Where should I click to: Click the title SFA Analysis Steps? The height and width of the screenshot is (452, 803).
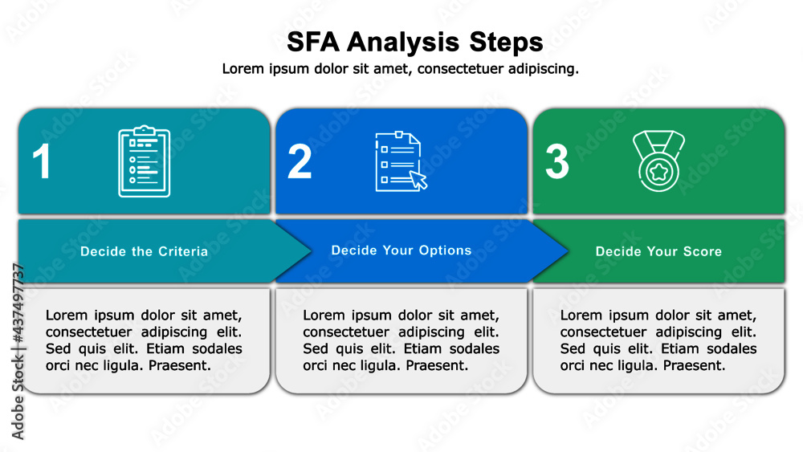414,42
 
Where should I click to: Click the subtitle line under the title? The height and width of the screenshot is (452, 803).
400,69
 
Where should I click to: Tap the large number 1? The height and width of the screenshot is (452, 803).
42,161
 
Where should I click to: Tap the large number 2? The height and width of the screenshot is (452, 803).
300,161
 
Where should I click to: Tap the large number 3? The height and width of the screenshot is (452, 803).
556,161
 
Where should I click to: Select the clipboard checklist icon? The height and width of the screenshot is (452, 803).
144,161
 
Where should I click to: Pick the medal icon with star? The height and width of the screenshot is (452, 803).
658,161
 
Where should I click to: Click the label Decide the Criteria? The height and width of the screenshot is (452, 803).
144,251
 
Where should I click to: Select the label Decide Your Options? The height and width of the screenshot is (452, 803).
401,250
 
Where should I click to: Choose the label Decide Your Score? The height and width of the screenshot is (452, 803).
658,251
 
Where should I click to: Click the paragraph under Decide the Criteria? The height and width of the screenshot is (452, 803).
144,340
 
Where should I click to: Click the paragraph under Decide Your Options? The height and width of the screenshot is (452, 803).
401,340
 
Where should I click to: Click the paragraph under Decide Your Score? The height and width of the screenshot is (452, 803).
658,340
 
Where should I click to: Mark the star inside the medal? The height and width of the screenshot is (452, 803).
658,172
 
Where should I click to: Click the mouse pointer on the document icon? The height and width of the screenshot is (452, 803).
418,179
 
